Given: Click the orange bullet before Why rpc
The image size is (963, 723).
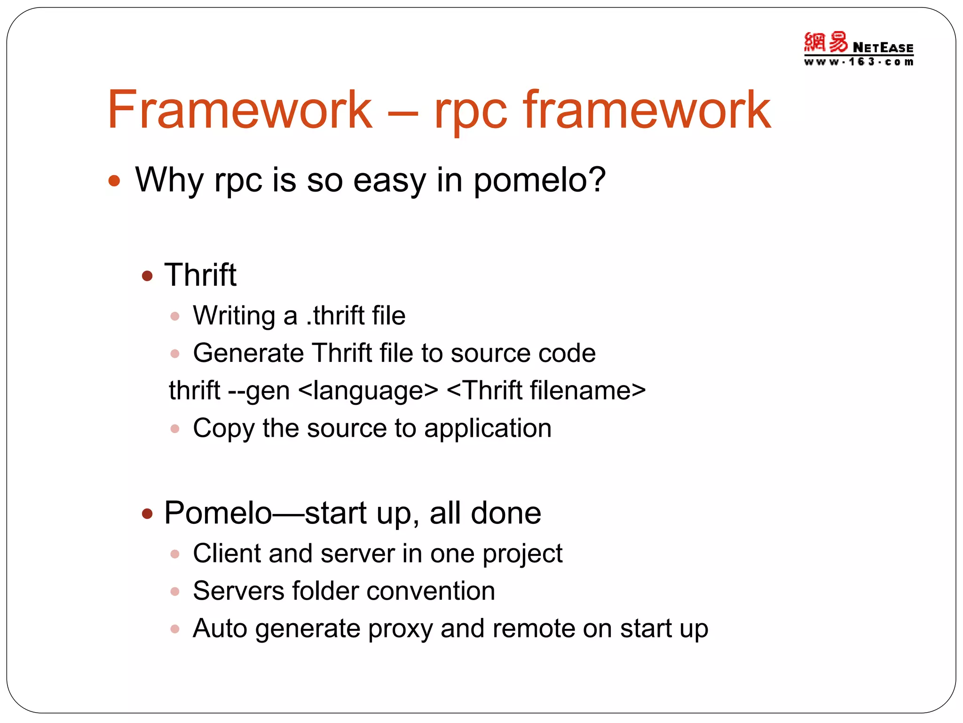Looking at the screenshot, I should pyautogui.click(x=114, y=181).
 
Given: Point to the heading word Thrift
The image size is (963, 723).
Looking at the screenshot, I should pyautogui.click(x=200, y=275).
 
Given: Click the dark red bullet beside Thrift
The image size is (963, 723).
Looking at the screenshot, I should pyautogui.click(x=148, y=276).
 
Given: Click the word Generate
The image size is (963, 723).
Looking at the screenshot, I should pyautogui.click(x=248, y=353).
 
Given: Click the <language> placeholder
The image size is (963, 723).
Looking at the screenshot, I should pyautogui.click(x=368, y=391).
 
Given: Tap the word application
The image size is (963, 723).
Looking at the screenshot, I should pyautogui.click(x=488, y=429).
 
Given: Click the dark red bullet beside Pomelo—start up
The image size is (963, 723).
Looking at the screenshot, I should pyautogui.click(x=148, y=514).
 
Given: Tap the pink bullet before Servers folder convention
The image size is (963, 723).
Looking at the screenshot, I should pyautogui.click(x=175, y=592).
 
